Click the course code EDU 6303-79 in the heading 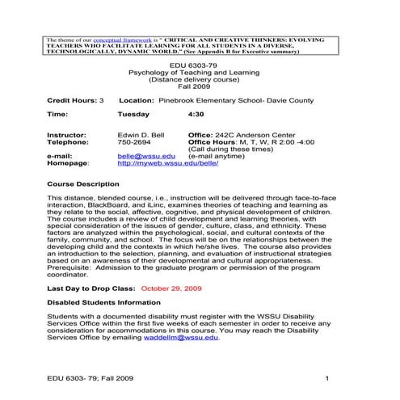tap(200, 64)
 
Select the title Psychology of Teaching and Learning tap(200, 72)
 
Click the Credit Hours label tap(71, 100)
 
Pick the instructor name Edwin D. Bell tap(142, 135)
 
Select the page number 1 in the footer tap(324, 377)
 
